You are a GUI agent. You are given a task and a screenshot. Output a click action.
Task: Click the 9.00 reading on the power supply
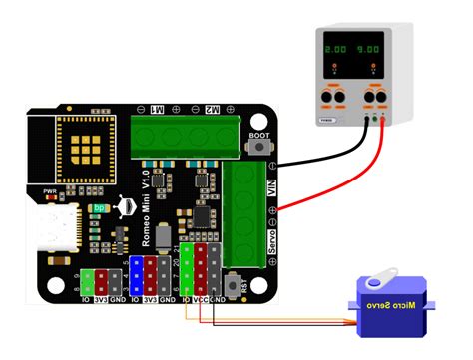coord(370,48)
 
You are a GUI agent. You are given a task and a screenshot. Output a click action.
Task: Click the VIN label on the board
coord(271,183)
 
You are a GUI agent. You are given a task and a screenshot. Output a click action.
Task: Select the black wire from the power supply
coord(319,150)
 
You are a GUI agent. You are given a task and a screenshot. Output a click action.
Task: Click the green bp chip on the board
coord(100,210)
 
